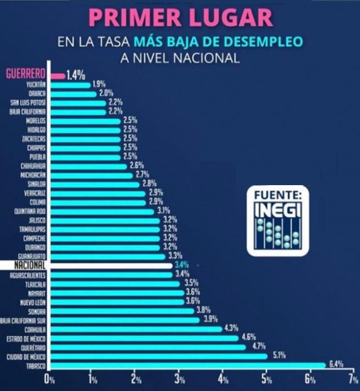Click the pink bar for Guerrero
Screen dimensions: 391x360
(x=57, y=76)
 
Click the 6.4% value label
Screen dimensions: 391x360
(x=336, y=364)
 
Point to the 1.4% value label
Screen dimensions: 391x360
(x=76, y=75)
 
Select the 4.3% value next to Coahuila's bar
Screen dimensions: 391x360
(x=232, y=328)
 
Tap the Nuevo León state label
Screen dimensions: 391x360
(x=33, y=302)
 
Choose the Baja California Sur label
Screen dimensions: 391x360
(x=24, y=321)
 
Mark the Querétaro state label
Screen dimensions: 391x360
(x=33, y=348)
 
